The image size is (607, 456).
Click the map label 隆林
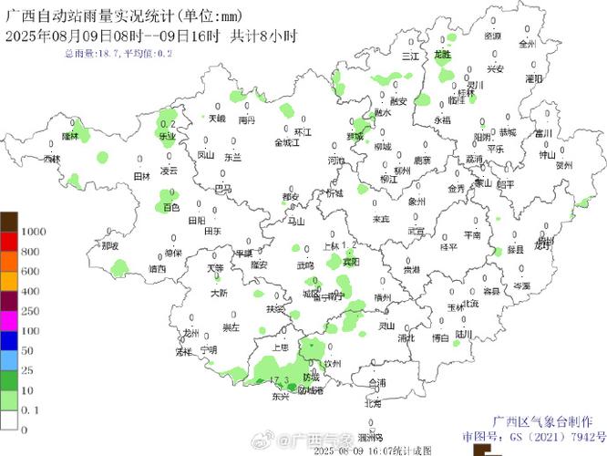point(70,136)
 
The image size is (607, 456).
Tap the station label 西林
point(52,159)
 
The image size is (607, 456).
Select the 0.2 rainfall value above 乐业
point(167,124)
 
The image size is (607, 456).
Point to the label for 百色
point(171,208)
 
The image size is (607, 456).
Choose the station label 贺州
point(564,165)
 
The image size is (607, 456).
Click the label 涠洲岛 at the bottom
point(371,437)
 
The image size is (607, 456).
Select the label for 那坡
point(110,244)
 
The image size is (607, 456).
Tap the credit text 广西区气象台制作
point(542,421)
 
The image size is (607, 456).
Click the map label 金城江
point(288,143)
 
